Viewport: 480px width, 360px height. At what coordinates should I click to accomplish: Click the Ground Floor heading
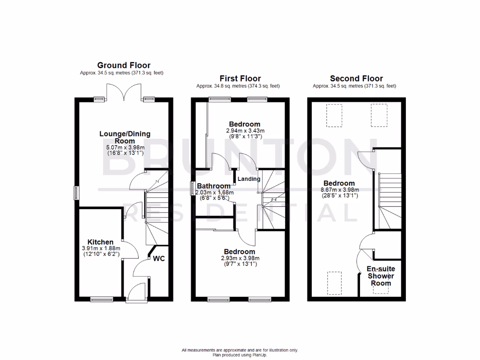click(124, 65)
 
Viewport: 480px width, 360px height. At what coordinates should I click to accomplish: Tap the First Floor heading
click(240, 78)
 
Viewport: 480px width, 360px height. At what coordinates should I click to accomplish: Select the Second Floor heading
click(356, 78)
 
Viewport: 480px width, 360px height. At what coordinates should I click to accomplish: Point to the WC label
click(159, 259)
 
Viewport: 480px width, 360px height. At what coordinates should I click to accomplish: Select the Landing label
click(249, 179)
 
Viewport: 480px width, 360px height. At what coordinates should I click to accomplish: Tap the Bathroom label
click(213, 186)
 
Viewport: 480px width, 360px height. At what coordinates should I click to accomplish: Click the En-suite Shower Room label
click(380, 276)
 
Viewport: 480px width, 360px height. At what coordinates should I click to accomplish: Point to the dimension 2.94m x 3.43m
click(245, 131)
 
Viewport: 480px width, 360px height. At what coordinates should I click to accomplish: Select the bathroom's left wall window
click(192, 188)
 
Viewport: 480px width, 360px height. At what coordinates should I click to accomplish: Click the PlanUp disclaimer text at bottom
click(240, 352)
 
